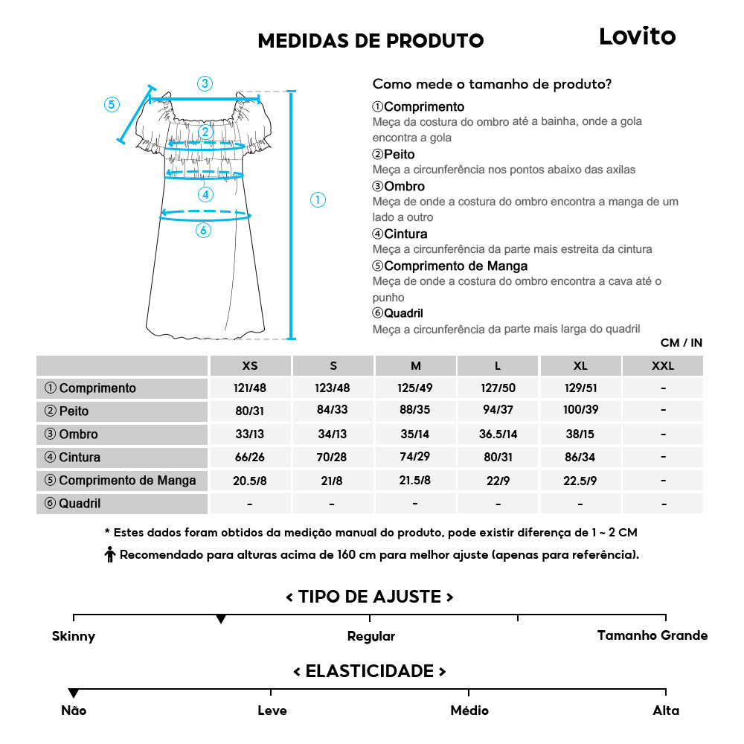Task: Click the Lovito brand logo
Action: (x=638, y=36)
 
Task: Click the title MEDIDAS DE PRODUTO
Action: (x=371, y=41)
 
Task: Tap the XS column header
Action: (x=250, y=366)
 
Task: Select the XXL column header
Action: (x=662, y=366)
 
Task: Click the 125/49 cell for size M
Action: (x=415, y=388)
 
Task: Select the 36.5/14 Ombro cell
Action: (x=498, y=434)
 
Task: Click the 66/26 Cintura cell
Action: (x=250, y=458)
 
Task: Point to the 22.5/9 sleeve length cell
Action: (x=580, y=481)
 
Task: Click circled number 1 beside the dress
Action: (x=318, y=199)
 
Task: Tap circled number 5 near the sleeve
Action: (x=112, y=104)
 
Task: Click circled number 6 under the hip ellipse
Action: (x=203, y=231)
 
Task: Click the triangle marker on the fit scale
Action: (x=221, y=619)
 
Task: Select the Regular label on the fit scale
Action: (x=371, y=637)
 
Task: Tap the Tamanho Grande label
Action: (x=652, y=635)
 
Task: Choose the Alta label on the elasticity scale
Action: (x=665, y=711)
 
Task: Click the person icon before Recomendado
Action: (x=110, y=554)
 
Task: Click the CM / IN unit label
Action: (x=681, y=343)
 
